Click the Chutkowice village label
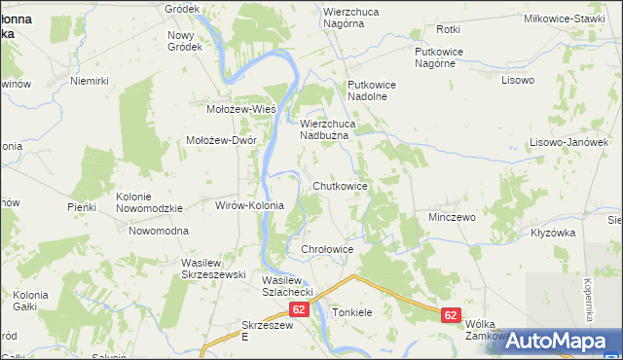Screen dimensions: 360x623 click(x=340, y=185)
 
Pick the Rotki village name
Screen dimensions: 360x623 click(x=449, y=30)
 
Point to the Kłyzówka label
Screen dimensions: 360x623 click(x=554, y=234)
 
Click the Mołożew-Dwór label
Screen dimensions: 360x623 click(x=221, y=140)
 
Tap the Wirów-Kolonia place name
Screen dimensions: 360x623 click(x=248, y=206)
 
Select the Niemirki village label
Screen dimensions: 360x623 click(x=87, y=82)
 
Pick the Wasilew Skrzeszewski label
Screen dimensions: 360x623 click(x=212, y=269)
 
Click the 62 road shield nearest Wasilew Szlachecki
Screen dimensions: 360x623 click(x=298, y=309)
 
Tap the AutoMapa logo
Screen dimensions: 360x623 click(x=557, y=341)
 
